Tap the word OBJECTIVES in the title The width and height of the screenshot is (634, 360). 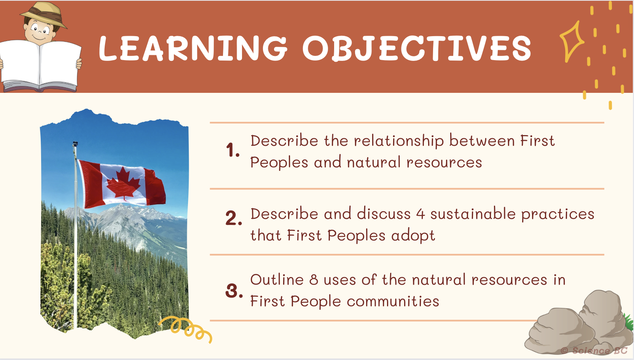(x=417, y=48)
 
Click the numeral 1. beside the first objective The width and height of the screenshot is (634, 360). (x=233, y=150)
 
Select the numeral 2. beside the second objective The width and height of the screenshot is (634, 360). (x=234, y=218)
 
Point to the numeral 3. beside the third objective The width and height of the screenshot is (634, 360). (x=234, y=291)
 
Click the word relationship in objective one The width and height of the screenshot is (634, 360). (x=399, y=141)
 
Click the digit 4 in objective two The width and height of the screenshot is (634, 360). (x=421, y=215)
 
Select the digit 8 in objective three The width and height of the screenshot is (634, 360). (x=314, y=280)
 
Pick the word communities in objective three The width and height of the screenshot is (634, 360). (x=393, y=301)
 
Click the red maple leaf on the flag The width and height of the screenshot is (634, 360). (x=123, y=183)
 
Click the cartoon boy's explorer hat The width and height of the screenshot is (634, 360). (x=43, y=14)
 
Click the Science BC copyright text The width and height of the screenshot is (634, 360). (x=594, y=350)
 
